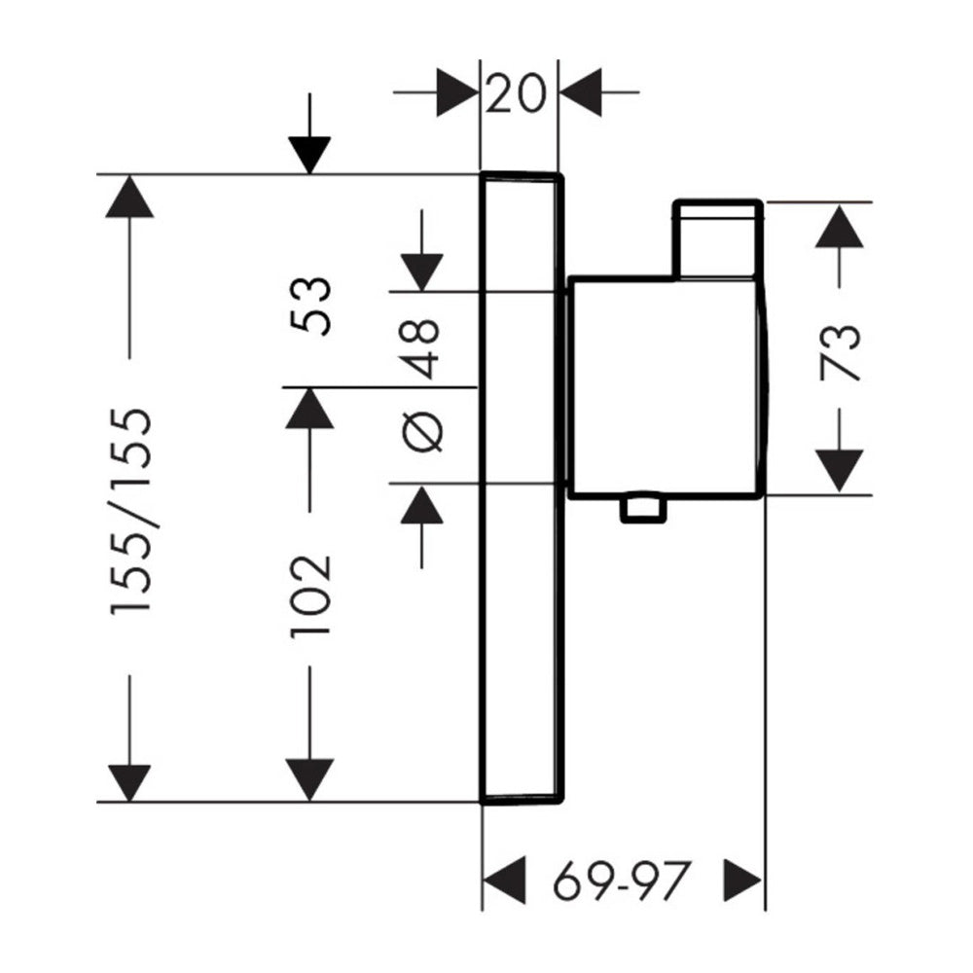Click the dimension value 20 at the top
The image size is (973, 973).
pyautogui.click(x=515, y=93)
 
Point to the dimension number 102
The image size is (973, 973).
pyautogui.click(x=310, y=595)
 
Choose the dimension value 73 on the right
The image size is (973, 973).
pyautogui.click(x=841, y=352)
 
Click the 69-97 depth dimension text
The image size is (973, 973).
pyautogui.click(x=621, y=880)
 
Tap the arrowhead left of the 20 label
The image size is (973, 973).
pyautogui.click(x=457, y=92)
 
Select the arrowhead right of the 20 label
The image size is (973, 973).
pyautogui.click(x=581, y=92)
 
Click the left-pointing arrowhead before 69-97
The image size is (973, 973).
pyautogui.click(x=504, y=880)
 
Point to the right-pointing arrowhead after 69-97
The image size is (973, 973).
pyautogui.click(x=742, y=880)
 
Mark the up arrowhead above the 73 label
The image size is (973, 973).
pyautogui.click(x=839, y=227)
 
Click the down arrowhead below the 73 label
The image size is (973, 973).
pyautogui.click(x=839, y=471)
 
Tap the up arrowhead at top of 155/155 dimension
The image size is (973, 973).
pyautogui.click(x=129, y=197)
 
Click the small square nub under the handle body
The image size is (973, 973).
pyautogui.click(x=642, y=508)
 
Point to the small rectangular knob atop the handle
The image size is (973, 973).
pyautogui.click(x=718, y=239)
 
